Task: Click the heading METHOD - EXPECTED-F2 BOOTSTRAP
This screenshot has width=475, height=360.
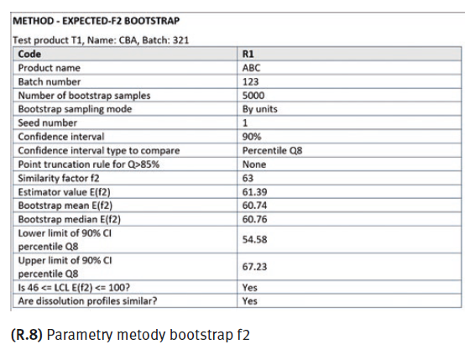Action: (x=96, y=21)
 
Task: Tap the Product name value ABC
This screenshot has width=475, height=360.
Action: (x=251, y=68)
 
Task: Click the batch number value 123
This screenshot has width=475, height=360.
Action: (x=250, y=81)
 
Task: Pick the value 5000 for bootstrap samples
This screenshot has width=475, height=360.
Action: (x=253, y=96)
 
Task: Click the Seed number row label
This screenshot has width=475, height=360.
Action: (x=48, y=123)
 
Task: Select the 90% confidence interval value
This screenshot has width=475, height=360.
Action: (x=252, y=137)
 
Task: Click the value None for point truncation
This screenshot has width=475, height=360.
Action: (x=253, y=164)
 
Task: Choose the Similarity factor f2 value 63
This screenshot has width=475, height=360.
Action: (x=248, y=178)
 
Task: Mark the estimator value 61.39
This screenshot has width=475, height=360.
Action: (x=254, y=192)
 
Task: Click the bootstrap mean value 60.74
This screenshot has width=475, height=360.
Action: (x=254, y=206)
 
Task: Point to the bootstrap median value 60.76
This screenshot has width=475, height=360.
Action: (x=254, y=219)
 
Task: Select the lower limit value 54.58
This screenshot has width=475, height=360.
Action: (x=254, y=239)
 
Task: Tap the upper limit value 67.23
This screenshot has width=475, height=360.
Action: (x=254, y=267)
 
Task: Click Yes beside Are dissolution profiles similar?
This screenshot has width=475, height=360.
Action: (x=249, y=301)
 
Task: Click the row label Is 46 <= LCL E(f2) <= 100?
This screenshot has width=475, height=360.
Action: (x=74, y=287)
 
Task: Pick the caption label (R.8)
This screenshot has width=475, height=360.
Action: (x=27, y=335)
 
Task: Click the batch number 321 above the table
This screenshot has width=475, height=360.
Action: (x=180, y=40)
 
